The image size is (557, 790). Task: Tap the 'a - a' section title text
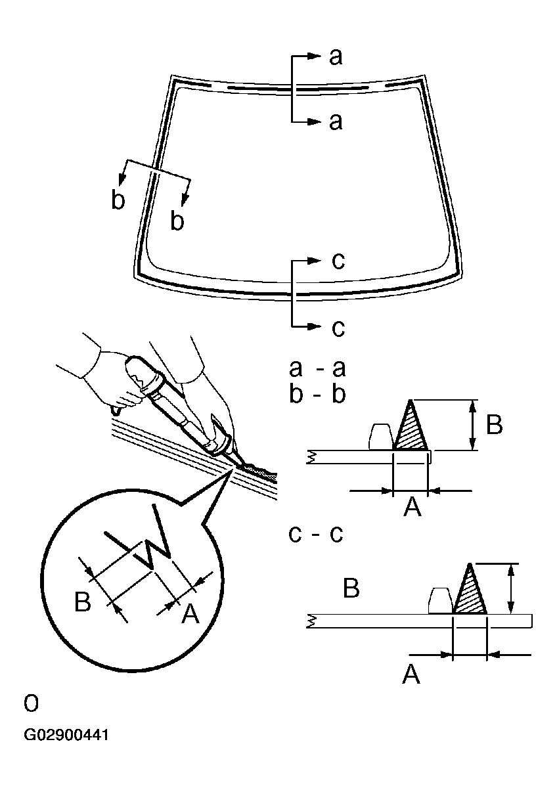pos(317,368)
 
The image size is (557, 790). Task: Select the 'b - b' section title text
pos(317,395)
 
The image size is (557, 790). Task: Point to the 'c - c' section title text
pos(317,533)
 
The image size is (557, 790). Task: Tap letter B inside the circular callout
pos(83,602)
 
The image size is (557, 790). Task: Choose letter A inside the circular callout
pos(189,614)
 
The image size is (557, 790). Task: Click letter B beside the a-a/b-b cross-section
pos(495,425)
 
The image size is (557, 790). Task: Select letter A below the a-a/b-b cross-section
pos(412,507)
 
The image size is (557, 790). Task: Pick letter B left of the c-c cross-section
pos(351,588)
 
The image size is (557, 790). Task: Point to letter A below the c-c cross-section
pos(411,674)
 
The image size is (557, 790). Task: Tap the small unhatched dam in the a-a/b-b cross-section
pos(380,438)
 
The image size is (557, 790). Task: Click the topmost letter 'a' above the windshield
pos(335,57)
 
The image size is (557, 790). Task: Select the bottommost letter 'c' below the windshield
pos(338,327)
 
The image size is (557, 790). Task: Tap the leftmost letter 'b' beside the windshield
pos(118,201)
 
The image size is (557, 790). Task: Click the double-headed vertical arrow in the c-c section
pos(512,588)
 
